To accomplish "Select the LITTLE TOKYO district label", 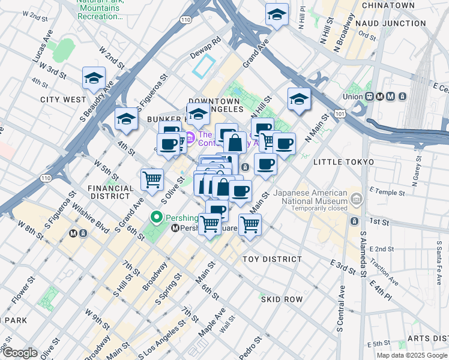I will [x=343, y=163].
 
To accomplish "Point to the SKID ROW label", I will [x=281, y=299].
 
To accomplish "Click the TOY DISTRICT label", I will [x=272, y=259].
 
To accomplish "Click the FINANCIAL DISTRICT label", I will [x=110, y=191].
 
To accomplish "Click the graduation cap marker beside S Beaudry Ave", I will [x=94, y=79].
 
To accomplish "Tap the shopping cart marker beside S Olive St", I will [x=152, y=179].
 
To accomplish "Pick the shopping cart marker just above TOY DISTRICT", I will [x=250, y=225].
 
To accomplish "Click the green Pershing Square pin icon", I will [x=158, y=217].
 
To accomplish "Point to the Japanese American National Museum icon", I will [x=356, y=198].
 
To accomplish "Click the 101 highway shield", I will [x=340, y=112].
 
